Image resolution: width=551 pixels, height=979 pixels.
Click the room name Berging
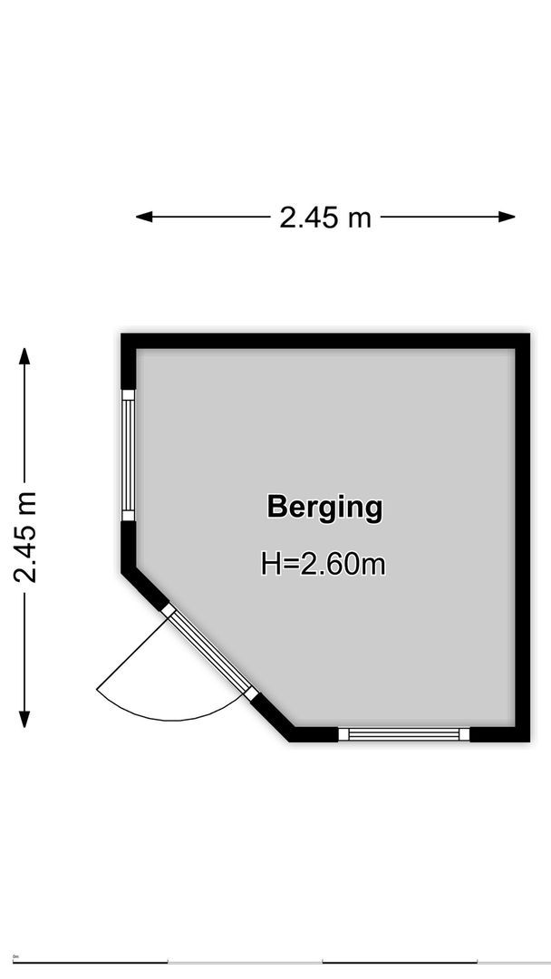coord(324,507)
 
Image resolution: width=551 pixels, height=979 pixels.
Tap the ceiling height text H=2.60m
coord(324,565)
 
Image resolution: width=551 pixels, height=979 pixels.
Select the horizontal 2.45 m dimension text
coord(325,218)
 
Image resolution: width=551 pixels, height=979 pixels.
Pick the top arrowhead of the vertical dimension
coord(25,355)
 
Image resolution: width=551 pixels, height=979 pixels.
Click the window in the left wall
coord(128,455)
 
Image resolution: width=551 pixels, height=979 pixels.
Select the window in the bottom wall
coord(404,734)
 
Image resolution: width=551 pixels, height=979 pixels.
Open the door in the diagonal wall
coord(210,653)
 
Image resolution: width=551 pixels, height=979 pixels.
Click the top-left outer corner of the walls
coord(123,335)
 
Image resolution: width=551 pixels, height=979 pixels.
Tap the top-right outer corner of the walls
coord(528,335)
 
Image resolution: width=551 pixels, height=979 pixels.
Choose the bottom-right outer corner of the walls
coord(528,741)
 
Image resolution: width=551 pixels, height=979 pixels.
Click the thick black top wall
coord(326,341)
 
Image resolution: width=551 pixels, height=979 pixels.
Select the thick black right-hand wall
coord(522,535)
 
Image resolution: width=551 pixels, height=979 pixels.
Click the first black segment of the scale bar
coord(91,962)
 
